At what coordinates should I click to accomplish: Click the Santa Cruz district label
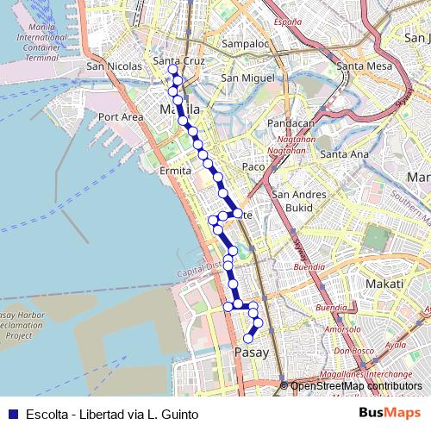click(177, 61)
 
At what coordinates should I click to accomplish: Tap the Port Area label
click(120, 116)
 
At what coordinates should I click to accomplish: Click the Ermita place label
click(175, 171)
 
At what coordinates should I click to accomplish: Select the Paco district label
click(253, 166)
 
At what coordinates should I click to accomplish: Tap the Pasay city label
click(252, 353)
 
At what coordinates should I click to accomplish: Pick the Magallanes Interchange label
click(365, 374)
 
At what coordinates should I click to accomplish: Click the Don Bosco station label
click(352, 351)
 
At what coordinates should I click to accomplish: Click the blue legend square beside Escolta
click(13, 414)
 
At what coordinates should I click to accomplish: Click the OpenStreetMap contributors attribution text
click(355, 386)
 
